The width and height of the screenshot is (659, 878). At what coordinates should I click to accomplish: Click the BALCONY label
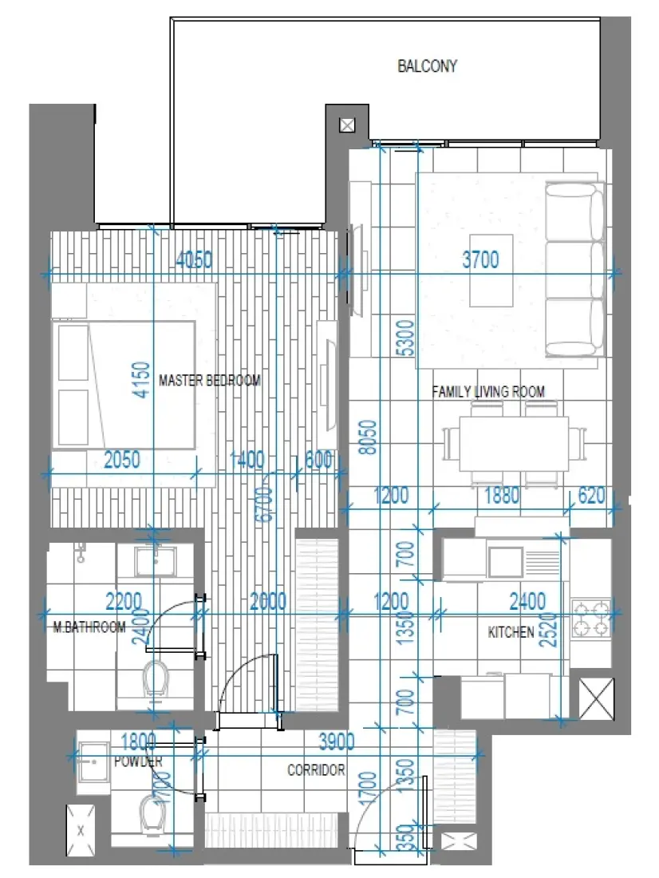pos(427,66)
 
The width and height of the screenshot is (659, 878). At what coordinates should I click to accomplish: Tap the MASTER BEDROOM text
pos(209,381)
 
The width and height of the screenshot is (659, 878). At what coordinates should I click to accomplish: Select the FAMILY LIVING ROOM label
pos(488,392)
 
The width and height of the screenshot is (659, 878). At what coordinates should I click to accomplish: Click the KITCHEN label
pos(511,632)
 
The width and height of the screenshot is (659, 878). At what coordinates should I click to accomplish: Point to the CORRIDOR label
pos(316,770)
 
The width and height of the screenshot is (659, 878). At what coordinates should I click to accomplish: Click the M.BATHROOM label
pos(89,627)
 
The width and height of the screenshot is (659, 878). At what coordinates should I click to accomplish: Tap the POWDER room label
pos(137,762)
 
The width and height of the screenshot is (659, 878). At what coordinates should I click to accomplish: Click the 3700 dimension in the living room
pos(480,260)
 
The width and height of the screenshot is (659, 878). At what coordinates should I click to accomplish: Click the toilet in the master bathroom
pos(156,678)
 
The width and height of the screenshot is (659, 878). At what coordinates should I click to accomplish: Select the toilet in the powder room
pos(151,814)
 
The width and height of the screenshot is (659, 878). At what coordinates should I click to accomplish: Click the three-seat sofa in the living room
pos(574,269)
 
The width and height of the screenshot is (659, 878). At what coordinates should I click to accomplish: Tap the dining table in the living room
pos(514,444)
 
